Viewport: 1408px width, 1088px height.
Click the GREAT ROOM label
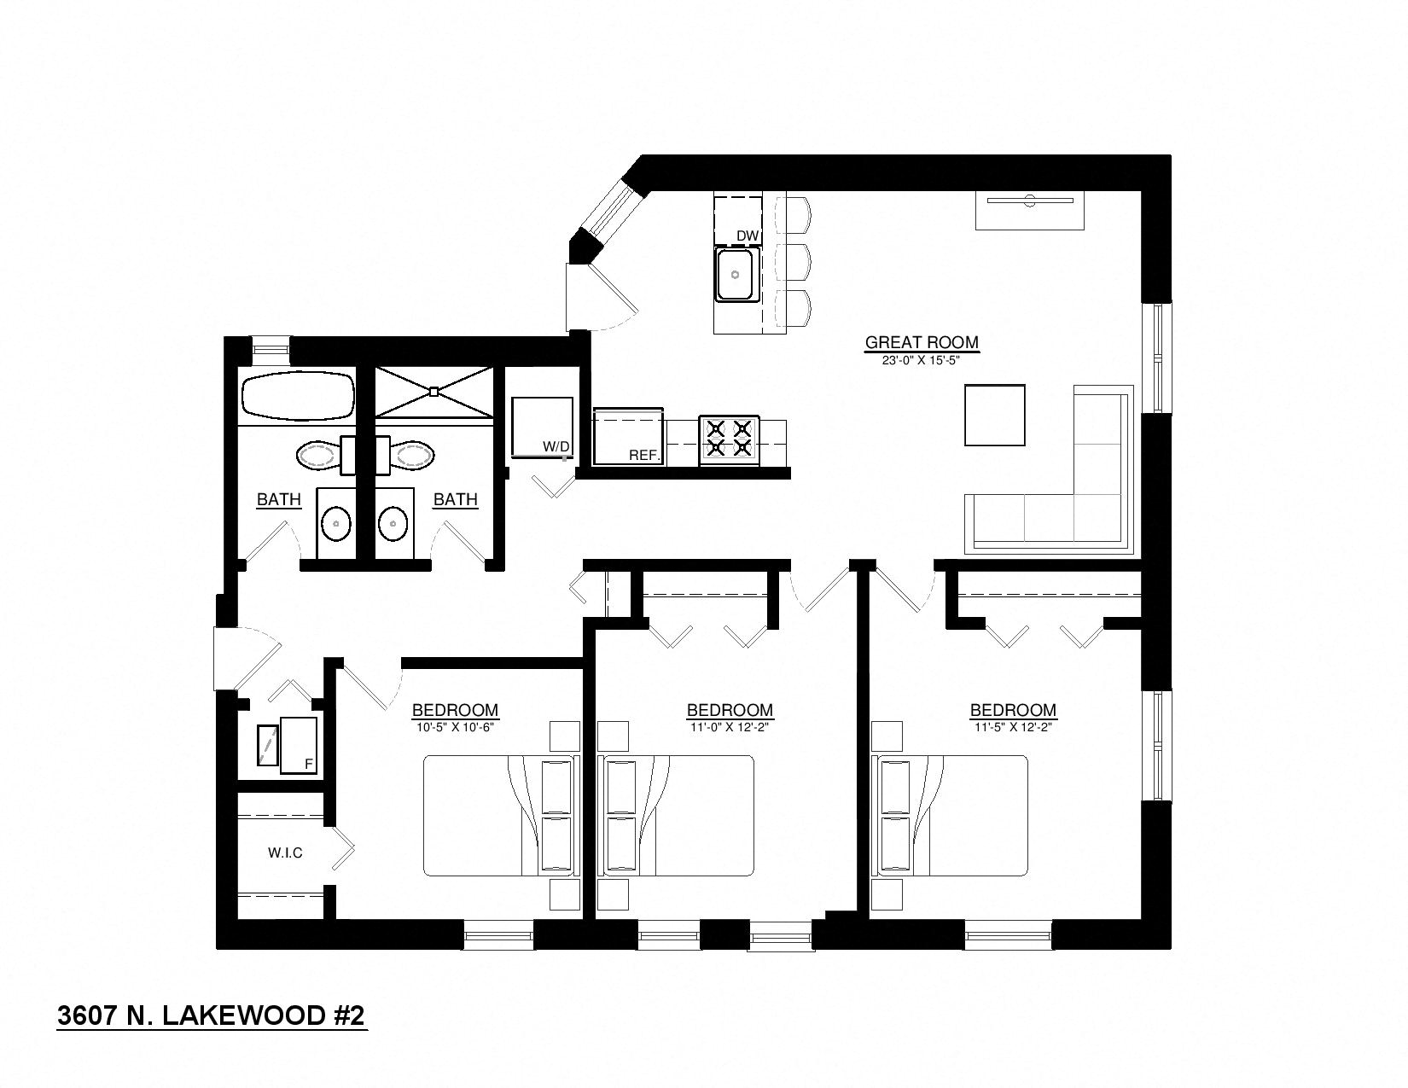click(x=922, y=342)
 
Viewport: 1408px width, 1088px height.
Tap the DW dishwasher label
click(x=748, y=236)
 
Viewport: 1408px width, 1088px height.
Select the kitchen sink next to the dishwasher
click(x=736, y=275)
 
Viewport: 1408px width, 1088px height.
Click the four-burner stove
click(x=729, y=439)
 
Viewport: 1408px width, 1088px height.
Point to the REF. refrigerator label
click(x=645, y=456)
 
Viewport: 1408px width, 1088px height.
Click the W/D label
click(x=556, y=446)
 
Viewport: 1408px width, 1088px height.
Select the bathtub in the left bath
click(x=297, y=397)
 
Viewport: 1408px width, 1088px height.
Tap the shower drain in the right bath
click(x=434, y=392)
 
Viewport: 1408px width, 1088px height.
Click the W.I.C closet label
click(x=285, y=852)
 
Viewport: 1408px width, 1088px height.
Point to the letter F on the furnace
click(x=308, y=765)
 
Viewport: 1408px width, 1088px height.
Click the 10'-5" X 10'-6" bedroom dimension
click(x=455, y=728)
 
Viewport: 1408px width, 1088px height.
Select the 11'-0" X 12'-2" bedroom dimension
click(x=730, y=728)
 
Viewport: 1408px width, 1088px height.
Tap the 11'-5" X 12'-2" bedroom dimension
click(x=1013, y=728)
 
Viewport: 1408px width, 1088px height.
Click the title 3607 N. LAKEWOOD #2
click(x=211, y=1015)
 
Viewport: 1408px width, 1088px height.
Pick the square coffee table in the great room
click(x=994, y=415)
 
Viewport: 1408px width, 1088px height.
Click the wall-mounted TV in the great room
click(x=1030, y=202)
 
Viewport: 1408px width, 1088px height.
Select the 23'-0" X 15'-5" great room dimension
click(x=922, y=360)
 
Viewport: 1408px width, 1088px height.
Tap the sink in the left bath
click(x=336, y=523)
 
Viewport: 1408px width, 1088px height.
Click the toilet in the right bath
click(x=411, y=454)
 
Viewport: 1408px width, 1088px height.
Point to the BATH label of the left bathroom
click(x=279, y=499)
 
